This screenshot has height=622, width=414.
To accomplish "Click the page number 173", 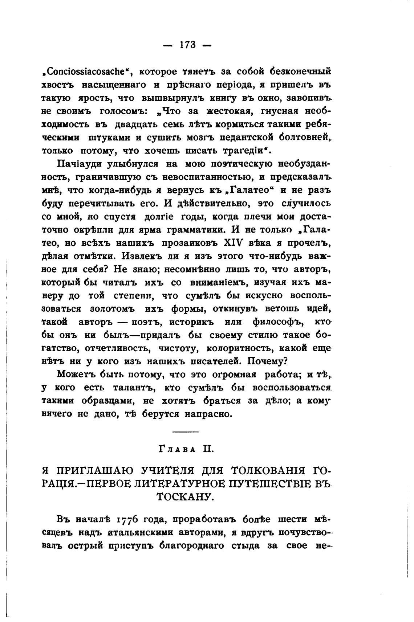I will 187,45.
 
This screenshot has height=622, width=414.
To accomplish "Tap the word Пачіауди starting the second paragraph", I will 79,164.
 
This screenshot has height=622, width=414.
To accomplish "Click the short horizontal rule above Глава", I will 186,431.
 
